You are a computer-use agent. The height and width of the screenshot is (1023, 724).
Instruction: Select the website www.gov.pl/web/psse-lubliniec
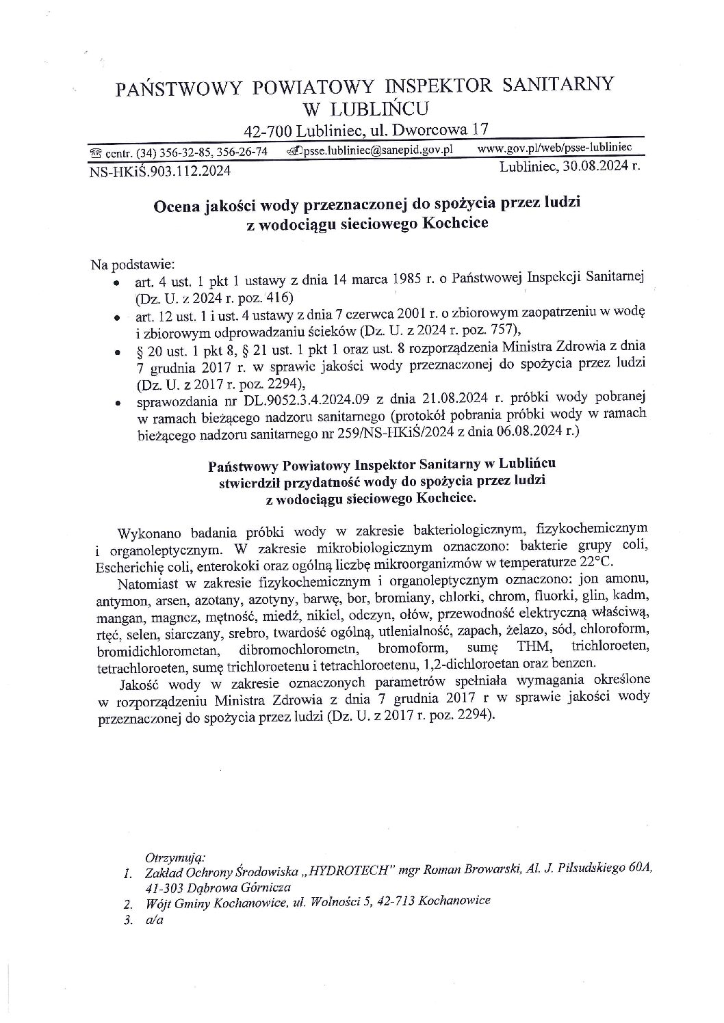tap(554, 147)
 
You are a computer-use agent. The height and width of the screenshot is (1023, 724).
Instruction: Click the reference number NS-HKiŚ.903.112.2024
tap(160, 170)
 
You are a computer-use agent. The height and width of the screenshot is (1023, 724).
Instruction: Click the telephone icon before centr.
tap(96, 152)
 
